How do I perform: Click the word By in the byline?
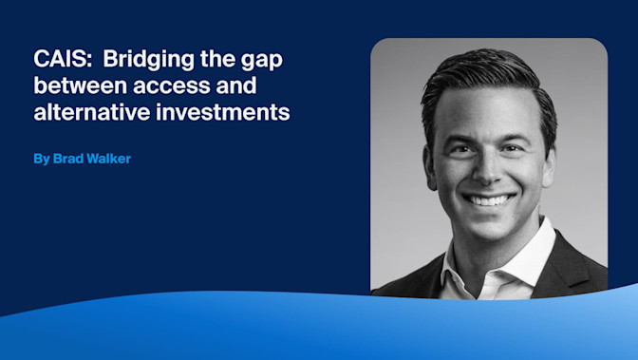coord(41,159)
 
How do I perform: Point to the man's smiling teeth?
coord(489,200)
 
